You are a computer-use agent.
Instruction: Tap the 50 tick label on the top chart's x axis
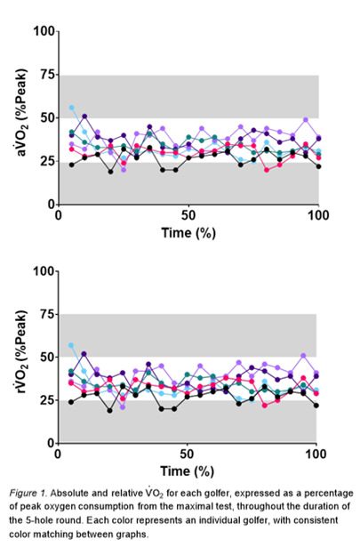188,216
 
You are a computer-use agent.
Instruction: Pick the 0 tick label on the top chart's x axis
59,216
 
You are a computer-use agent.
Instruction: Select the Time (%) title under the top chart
188,230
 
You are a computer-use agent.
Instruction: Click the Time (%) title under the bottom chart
188,469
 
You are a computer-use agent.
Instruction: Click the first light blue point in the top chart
72,108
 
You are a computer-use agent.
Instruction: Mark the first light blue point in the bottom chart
72,345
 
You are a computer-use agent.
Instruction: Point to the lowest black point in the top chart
111,172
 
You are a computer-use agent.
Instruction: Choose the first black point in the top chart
72,165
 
